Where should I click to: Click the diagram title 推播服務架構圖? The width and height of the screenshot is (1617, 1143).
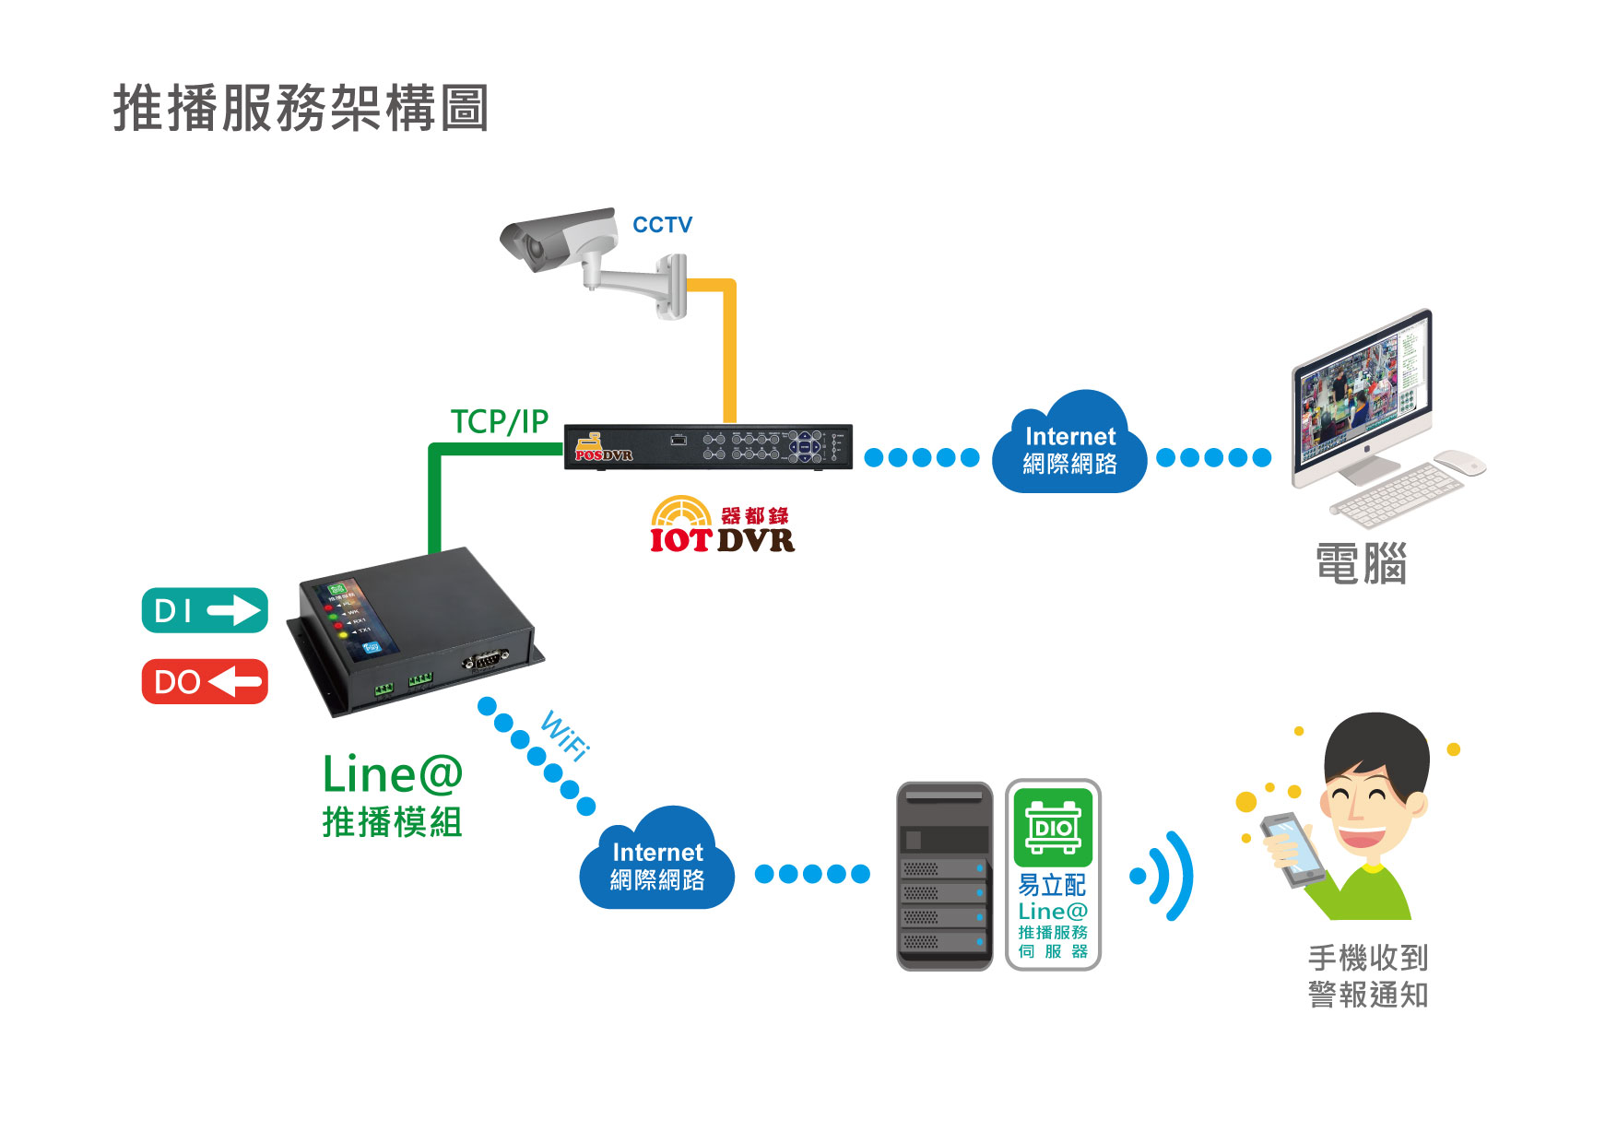(x=301, y=108)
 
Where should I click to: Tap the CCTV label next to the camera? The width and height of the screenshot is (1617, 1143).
(x=662, y=225)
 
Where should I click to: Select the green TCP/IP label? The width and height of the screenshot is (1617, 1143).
(x=499, y=421)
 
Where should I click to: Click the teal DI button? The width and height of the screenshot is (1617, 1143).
(x=205, y=610)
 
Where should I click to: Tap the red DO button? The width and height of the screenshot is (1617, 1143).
(x=205, y=682)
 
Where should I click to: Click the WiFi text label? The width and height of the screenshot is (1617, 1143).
(x=564, y=735)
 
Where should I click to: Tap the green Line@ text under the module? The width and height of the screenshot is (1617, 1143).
(x=392, y=774)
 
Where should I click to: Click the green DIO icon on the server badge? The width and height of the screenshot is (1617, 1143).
(x=1053, y=826)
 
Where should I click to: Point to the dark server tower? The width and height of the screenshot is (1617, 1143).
(x=944, y=876)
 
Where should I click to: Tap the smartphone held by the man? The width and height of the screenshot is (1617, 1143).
(x=1292, y=848)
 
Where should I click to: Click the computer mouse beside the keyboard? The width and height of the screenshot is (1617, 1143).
(x=1460, y=462)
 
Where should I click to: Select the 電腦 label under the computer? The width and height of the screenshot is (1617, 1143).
(x=1361, y=564)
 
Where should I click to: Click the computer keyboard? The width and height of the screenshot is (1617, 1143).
(x=1397, y=494)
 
